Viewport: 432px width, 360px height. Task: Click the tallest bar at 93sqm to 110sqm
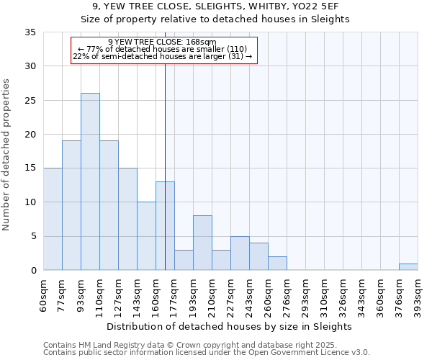(90, 181)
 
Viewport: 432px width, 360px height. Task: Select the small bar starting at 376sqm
(408, 267)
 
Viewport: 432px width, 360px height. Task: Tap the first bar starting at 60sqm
(53, 219)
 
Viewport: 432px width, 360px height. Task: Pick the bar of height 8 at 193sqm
(202, 243)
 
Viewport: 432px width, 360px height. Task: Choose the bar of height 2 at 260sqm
(277, 264)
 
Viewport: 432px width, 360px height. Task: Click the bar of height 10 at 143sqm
(146, 236)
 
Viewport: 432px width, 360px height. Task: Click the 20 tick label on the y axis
(30, 135)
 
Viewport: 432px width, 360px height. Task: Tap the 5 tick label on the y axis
(33, 237)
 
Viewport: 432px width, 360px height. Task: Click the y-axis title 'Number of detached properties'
(7, 156)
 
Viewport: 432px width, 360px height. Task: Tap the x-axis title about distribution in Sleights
(230, 326)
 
